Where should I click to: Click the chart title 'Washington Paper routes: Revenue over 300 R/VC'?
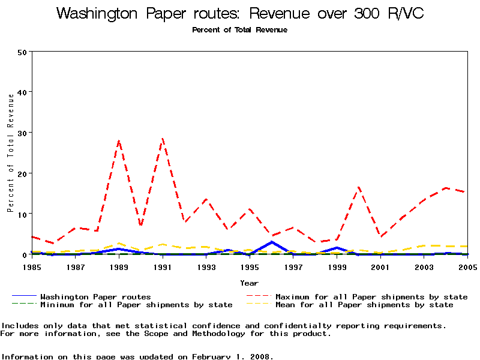[x=239, y=14]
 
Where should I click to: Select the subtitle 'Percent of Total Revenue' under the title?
[x=239, y=30]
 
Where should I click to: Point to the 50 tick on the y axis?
[x=23, y=52]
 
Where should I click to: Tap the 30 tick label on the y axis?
[x=23, y=133]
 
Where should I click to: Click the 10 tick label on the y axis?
[x=23, y=214]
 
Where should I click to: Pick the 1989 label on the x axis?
[x=119, y=266]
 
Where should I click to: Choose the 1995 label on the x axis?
[x=250, y=266]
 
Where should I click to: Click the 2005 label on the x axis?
[x=467, y=266]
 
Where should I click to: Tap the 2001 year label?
[x=380, y=266]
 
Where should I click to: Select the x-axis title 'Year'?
[x=249, y=283]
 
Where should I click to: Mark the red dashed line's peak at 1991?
[x=163, y=139]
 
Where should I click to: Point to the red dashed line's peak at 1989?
[x=119, y=141]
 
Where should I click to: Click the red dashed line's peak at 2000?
[x=358, y=187]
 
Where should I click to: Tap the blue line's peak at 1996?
[x=272, y=242]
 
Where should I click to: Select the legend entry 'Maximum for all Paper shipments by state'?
[x=371, y=296]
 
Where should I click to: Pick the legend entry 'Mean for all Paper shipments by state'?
[x=364, y=305]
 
